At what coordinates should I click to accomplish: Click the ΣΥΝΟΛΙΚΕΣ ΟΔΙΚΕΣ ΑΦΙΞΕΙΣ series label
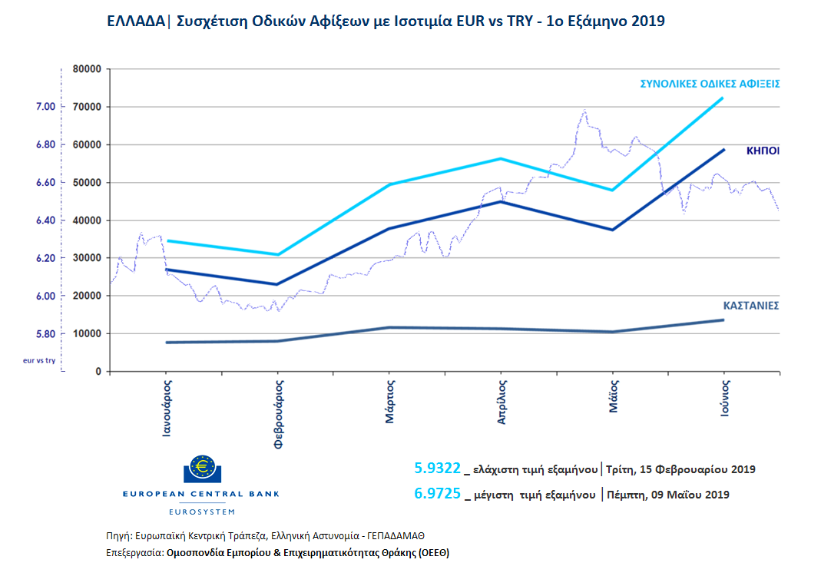coord(710,84)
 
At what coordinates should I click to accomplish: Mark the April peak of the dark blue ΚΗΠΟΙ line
coord(502,201)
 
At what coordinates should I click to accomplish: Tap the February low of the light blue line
coord(278,254)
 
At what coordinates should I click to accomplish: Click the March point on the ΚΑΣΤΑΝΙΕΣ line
coord(390,327)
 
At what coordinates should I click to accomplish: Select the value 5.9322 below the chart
coord(437,468)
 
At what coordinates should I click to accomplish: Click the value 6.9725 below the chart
coord(437,494)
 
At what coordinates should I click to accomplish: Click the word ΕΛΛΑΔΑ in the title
coord(134,22)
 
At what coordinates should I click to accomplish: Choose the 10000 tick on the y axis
coord(88,334)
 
